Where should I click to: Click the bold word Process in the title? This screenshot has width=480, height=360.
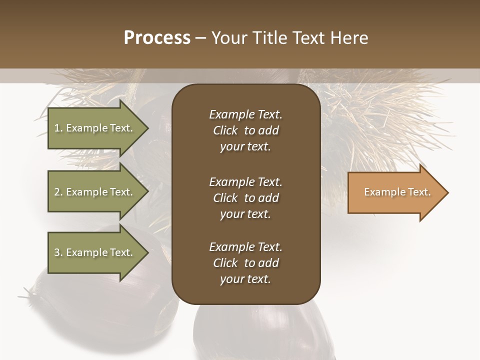157,38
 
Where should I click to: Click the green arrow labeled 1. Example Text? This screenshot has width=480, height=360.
95,128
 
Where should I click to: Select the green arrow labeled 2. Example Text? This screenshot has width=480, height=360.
95,192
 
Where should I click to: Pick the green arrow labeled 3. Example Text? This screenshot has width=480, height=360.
95,252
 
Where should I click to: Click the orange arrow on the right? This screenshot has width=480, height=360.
395,192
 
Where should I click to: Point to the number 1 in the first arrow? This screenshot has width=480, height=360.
57,128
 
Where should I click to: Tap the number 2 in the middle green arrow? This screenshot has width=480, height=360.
57,192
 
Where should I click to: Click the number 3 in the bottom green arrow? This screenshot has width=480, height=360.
57,252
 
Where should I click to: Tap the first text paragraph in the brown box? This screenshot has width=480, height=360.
245,130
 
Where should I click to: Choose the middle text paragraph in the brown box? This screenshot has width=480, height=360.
245,198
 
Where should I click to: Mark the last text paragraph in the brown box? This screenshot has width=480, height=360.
245,263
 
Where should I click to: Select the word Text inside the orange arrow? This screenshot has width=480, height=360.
418,192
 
